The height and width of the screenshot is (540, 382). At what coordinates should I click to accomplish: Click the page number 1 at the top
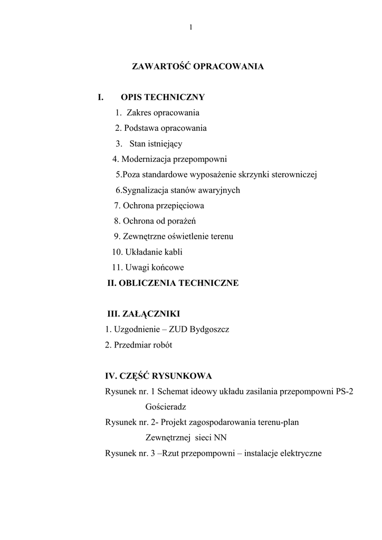tap(190, 27)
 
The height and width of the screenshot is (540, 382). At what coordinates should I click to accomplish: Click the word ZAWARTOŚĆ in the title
tap(160, 67)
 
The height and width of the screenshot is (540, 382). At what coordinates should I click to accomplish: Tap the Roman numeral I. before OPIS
tap(100, 97)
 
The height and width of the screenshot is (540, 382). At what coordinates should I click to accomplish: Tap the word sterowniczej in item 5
tap(294, 175)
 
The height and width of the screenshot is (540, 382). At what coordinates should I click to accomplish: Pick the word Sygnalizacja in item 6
tap(145, 190)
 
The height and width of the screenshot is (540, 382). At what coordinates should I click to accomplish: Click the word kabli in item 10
tap(173, 252)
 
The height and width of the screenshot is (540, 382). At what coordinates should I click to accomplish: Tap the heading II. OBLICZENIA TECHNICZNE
tap(173, 283)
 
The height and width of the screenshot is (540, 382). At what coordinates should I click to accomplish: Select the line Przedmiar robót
tap(139, 345)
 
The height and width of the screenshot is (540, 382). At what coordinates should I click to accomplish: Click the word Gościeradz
tap(166, 407)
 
